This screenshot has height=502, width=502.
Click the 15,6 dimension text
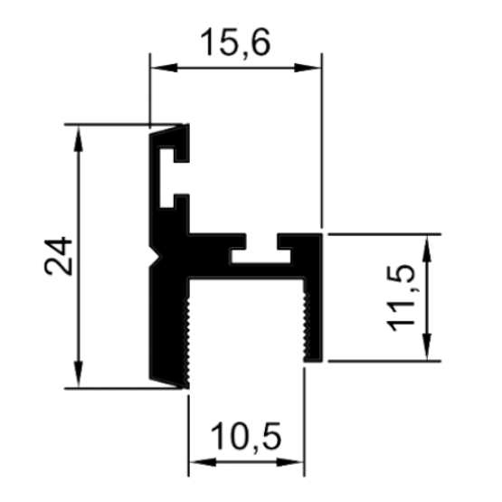235,43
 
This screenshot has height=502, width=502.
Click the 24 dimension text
59,256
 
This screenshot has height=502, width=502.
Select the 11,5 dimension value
401,298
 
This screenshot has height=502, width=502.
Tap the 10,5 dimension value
246,437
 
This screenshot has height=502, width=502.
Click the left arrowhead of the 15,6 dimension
164,68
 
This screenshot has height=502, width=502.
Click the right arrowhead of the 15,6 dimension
308,68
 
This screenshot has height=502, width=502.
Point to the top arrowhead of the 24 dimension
79,138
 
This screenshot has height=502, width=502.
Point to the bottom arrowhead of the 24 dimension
79,374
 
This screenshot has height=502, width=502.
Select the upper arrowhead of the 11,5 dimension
427,248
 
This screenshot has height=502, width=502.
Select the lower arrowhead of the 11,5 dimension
427,347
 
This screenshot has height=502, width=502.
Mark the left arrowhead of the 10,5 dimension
203,462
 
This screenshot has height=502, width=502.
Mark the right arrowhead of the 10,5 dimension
290,462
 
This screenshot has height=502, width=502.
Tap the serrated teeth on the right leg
307,327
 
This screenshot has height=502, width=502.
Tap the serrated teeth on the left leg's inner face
187,341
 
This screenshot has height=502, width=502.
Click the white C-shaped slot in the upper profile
166,177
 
